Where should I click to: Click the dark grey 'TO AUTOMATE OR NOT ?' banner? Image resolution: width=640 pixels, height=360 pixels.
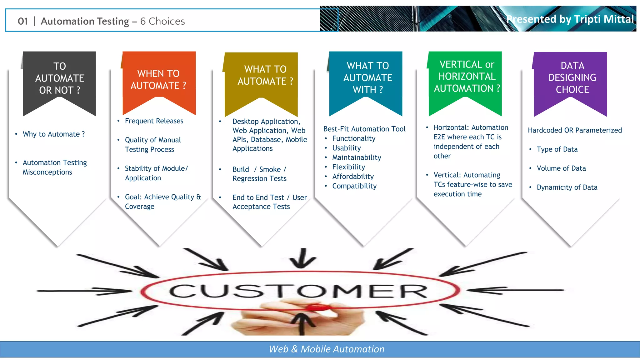(x=59, y=78)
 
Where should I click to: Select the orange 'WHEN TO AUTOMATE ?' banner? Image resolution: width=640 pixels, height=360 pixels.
(x=159, y=79)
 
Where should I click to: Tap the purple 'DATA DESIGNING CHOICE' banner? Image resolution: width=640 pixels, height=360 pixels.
(x=572, y=77)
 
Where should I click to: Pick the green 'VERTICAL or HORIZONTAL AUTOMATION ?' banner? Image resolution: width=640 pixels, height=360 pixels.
(x=466, y=77)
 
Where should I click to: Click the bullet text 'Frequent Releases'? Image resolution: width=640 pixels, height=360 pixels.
(x=154, y=121)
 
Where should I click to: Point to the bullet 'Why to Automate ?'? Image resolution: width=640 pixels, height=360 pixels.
(x=53, y=134)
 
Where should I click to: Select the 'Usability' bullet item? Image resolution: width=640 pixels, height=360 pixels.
(x=346, y=148)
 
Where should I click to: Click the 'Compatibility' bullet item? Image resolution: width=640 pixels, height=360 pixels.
(x=354, y=186)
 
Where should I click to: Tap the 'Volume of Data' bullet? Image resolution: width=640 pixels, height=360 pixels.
(x=561, y=168)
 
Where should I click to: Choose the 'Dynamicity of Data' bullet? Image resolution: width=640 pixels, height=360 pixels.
(x=567, y=187)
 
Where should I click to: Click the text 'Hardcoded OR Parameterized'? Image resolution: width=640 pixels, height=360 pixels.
(x=575, y=130)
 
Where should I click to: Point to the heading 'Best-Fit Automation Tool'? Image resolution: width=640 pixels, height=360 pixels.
(x=364, y=129)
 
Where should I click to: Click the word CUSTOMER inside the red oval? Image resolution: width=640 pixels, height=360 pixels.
(x=298, y=291)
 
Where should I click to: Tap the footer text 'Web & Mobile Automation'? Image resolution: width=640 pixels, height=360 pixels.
(x=327, y=349)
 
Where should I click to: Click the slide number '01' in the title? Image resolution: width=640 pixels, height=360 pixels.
(x=23, y=21)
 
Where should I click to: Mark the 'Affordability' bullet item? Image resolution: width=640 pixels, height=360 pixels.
(x=353, y=177)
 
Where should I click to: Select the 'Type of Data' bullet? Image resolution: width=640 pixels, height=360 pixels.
(x=557, y=149)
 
